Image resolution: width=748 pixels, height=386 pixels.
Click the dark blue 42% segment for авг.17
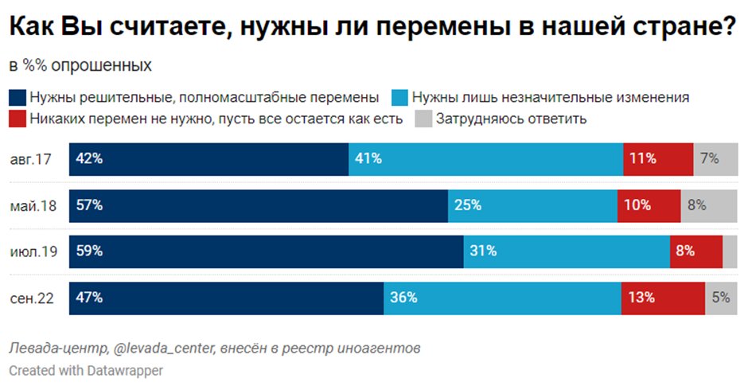[208, 159]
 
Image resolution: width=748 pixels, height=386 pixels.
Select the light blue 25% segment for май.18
[532, 205]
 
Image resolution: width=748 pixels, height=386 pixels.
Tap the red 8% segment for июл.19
[695, 251]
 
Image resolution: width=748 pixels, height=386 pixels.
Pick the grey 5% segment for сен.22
[721, 298]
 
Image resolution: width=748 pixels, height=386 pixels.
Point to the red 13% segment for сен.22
[663, 298]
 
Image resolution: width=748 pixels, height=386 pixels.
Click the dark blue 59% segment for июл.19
[266, 251]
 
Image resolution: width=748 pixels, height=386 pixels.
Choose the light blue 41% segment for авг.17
[485, 159]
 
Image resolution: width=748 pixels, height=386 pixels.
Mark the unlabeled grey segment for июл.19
[730, 251]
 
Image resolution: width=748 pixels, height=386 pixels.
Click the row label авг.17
[31, 159]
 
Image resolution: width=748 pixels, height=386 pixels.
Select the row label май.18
[33, 205]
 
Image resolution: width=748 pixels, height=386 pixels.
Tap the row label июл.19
[33, 251]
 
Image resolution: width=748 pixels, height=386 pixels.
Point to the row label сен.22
[33, 298]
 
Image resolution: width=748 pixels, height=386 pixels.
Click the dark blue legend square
[18, 98]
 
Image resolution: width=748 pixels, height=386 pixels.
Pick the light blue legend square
[401, 98]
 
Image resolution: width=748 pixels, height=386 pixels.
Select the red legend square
[18, 119]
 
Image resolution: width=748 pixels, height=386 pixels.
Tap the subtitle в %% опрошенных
[80, 65]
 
